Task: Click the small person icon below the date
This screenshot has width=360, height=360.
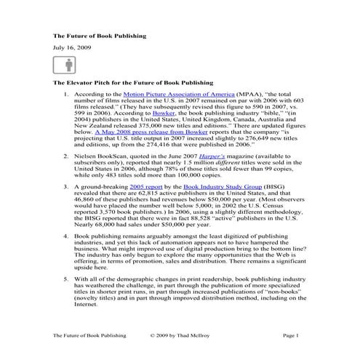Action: (x=61, y=68)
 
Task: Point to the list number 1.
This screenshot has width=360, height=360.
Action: (x=67, y=95)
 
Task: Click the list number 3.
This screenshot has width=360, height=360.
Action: (x=67, y=207)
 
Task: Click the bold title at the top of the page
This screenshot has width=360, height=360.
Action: (x=100, y=34)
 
